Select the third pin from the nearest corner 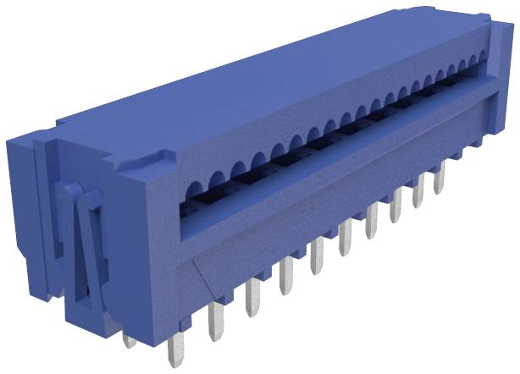click(252, 299)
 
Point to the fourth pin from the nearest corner click(286, 276)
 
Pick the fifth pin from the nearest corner click(317, 256)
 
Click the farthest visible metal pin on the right click(439, 177)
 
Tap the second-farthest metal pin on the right click(417, 192)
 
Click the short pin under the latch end click(129, 340)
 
